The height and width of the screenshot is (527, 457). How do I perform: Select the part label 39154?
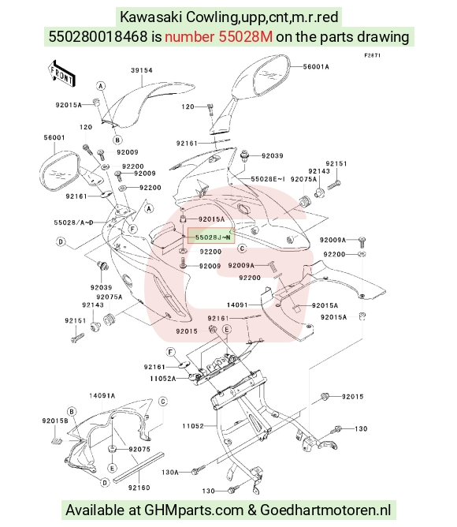(142, 70)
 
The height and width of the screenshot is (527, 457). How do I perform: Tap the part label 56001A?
(316, 66)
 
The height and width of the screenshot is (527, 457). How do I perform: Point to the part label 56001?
(54, 137)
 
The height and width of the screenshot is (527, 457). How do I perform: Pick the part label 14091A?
(102, 395)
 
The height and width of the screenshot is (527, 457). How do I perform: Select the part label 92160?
(139, 488)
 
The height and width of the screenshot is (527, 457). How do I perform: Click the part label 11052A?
(163, 379)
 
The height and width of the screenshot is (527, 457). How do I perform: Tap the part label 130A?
(170, 473)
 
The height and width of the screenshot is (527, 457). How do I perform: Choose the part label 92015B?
(55, 420)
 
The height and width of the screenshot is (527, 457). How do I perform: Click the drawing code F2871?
(373, 55)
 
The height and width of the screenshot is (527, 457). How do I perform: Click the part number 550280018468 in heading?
(98, 36)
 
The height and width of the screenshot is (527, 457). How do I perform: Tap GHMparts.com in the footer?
(194, 510)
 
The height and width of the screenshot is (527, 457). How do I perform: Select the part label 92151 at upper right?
(336, 163)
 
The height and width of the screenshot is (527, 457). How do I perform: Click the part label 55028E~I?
(268, 179)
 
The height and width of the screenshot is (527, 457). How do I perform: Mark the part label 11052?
(193, 426)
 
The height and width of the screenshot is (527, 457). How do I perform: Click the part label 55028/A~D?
(73, 222)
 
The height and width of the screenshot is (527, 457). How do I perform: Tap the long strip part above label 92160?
(139, 466)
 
